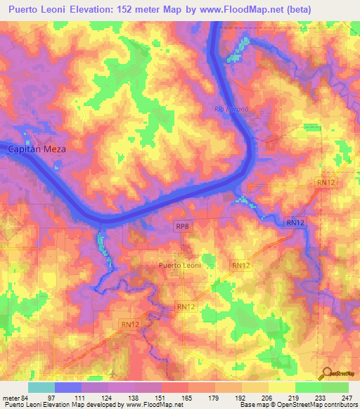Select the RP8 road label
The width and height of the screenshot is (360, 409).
coord(182,227)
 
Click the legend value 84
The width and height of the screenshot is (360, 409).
coord(28,397)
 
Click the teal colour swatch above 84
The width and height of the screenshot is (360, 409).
coord(41,387)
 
